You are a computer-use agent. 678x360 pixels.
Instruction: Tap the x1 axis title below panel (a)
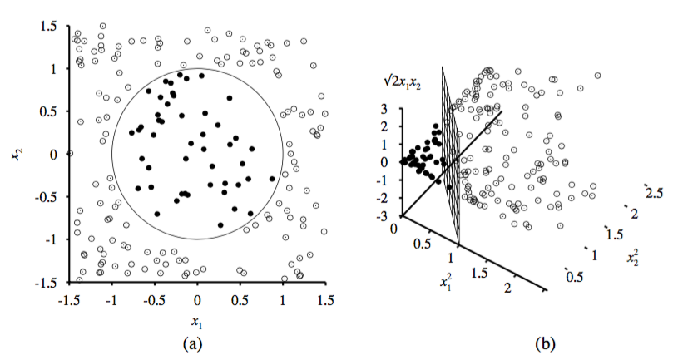pos(196,322)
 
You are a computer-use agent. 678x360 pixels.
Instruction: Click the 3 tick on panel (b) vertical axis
pos(385,108)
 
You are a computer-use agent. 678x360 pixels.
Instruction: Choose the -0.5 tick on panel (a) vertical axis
pos(47,196)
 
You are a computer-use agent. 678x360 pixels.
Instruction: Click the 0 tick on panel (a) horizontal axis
pos(197,299)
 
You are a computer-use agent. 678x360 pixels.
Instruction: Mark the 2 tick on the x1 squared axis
pos(507,287)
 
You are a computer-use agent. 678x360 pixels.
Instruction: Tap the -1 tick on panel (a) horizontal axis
pos(111,299)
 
